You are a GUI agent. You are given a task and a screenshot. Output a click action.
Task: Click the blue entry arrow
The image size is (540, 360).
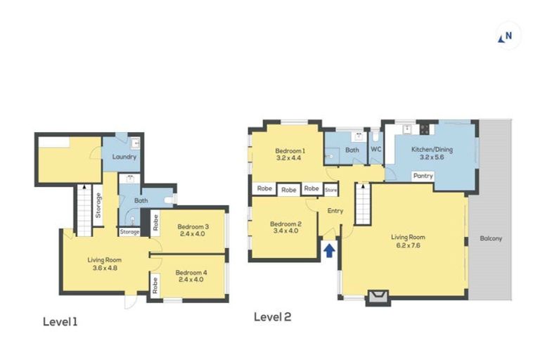pyautogui.click(x=329, y=250)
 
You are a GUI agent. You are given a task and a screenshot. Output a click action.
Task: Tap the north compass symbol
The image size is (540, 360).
pyautogui.click(x=506, y=37)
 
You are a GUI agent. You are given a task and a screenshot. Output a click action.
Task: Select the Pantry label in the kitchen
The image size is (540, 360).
pyautogui.click(x=423, y=176)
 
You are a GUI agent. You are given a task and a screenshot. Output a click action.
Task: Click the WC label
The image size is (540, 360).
pyautogui.click(x=376, y=150)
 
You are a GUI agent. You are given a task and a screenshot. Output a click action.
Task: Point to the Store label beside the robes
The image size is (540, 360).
pyautogui.click(x=331, y=190)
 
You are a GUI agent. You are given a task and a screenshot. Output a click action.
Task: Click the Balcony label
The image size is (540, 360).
pyautogui.click(x=491, y=238)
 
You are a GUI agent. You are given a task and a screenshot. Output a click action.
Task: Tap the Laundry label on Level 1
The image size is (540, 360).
pyautogui.click(x=124, y=157)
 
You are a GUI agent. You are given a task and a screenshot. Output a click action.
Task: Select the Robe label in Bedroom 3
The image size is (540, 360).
pyautogui.click(x=155, y=223)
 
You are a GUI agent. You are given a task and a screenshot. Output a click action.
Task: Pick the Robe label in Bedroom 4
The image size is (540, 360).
pyautogui.click(x=155, y=285)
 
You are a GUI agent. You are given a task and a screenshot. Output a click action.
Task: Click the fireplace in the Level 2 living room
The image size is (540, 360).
pyautogui.click(x=378, y=297)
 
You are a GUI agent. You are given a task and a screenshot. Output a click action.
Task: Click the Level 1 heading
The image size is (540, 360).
pyautogui.click(x=60, y=322)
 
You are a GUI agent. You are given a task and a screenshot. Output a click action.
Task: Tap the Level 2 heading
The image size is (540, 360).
pyautogui.click(x=272, y=316)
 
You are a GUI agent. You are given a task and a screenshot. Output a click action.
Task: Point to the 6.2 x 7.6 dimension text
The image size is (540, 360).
pyautogui.click(x=408, y=245)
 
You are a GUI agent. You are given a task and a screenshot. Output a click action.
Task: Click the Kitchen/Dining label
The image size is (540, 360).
pyautogui.click(x=432, y=150)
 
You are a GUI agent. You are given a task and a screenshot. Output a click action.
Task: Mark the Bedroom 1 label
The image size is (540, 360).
pyautogui.click(x=290, y=151)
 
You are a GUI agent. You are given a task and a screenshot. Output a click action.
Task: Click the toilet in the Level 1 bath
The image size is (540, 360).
pyautogui.click(x=169, y=200)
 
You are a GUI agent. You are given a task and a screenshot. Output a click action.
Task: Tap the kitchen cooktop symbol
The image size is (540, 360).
pyautogui.click(x=424, y=129)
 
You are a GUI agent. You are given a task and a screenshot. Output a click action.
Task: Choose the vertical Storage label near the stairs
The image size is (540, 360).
pyautogui.click(x=98, y=205)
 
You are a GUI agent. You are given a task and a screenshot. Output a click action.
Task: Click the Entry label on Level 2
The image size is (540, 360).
pyautogui.click(x=335, y=211)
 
